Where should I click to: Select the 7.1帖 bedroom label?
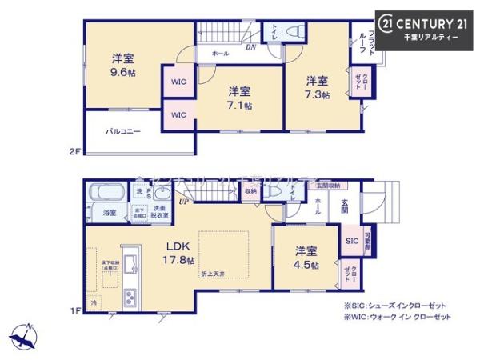click(238, 98)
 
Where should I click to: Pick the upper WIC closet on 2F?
click(178, 82)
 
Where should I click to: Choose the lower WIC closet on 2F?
click(178, 114)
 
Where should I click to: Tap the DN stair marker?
click(250, 47)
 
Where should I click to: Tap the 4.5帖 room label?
click(305, 258)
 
